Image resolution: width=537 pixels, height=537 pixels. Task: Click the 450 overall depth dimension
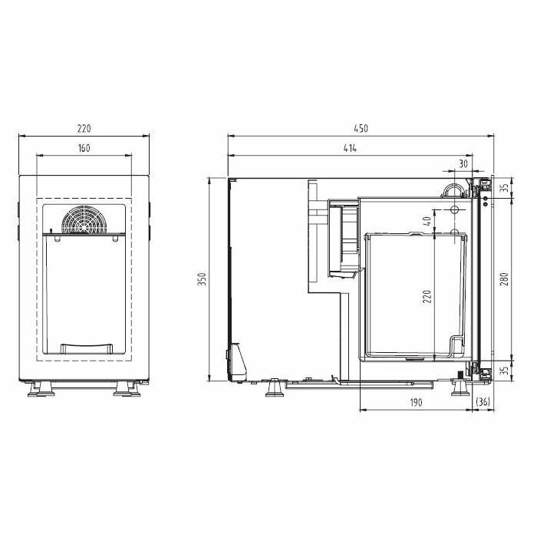tap(361, 128)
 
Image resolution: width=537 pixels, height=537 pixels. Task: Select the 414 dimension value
tap(350, 148)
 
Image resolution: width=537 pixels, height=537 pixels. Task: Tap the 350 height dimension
tap(203, 279)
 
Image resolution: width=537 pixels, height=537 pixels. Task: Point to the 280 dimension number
tap(504, 279)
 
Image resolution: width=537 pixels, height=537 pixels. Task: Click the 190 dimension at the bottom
tap(416, 403)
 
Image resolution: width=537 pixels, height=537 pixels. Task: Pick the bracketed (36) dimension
tap(483, 402)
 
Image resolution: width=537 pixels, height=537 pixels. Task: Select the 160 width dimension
tap(84, 148)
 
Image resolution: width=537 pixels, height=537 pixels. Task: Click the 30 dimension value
tap(463, 163)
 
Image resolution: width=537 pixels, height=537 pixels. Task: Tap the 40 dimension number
tap(427, 221)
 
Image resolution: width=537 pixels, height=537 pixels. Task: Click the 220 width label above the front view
tap(84, 128)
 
